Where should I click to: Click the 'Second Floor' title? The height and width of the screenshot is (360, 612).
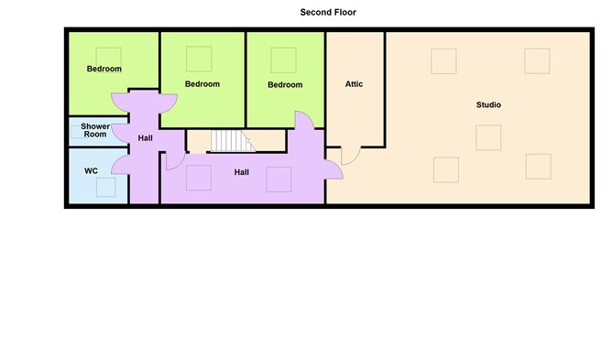click(x=328, y=12)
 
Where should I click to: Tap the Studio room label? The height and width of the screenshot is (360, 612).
click(x=488, y=104)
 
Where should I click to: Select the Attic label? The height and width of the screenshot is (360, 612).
click(x=354, y=84)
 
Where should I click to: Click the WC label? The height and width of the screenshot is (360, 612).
click(x=91, y=170)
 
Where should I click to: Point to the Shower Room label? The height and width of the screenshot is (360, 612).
click(x=94, y=130)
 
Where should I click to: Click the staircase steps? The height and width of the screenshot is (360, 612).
click(x=230, y=141)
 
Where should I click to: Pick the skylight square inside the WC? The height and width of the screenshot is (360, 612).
click(x=105, y=187)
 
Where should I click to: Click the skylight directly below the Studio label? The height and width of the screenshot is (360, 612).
click(x=488, y=136)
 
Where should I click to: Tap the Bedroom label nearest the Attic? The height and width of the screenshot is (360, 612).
click(x=284, y=85)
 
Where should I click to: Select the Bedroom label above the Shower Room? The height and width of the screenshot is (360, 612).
click(x=104, y=69)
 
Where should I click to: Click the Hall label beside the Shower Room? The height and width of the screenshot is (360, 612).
click(x=145, y=138)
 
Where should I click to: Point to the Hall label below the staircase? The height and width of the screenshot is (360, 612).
click(x=241, y=171)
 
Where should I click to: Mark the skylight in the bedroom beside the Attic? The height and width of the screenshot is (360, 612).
click(x=282, y=59)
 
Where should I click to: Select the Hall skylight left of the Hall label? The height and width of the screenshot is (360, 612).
click(x=199, y=178)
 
